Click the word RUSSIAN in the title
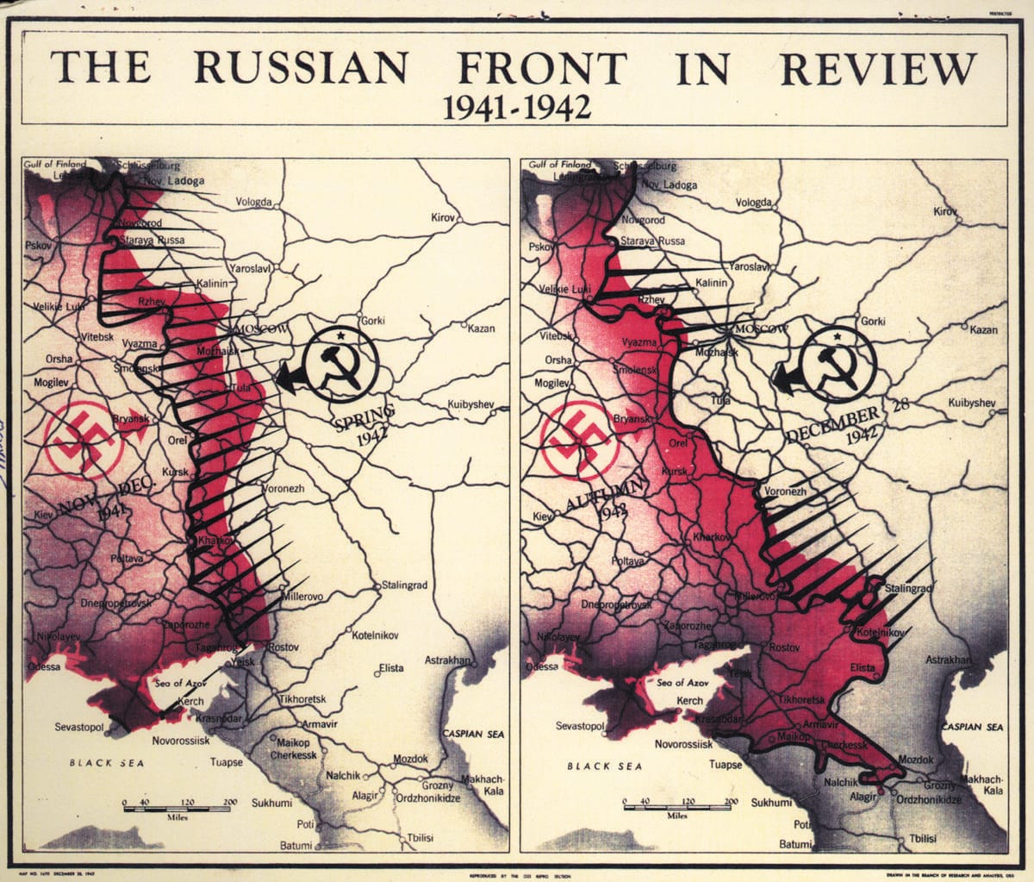(302, 67)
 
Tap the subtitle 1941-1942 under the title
(516, 107)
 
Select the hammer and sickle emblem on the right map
(835, 366)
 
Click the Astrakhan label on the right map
(948, 660)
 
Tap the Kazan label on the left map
(481, 328)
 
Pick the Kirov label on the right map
(945, 211)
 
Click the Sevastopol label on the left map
(79, 727)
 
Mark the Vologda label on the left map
(254, 203)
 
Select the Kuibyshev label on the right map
(971, 403)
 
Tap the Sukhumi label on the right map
(770, 803)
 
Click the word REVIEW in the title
(879, 67)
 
